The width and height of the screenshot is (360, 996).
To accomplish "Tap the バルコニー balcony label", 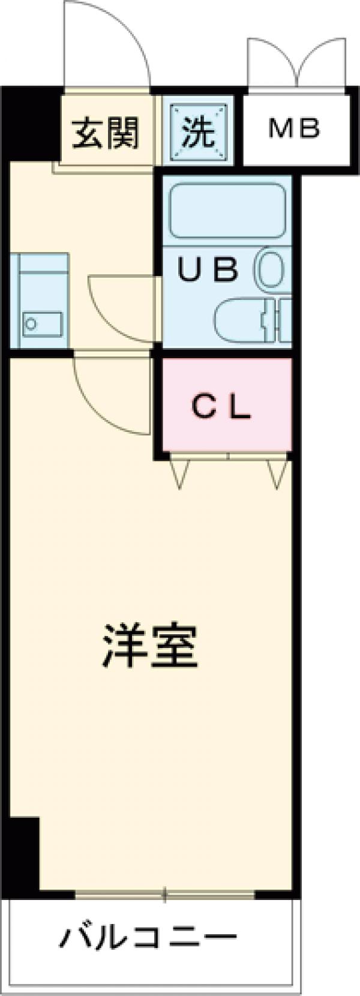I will tap(148, 937).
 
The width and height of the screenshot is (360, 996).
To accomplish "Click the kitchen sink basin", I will tap(42, 325).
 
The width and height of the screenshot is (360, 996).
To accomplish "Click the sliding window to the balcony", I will tap(165, 896).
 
